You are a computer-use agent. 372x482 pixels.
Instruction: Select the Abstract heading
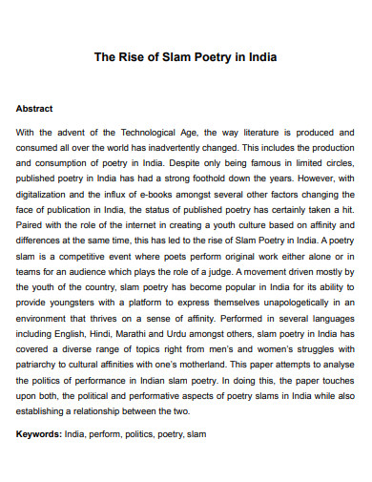pos(34,109)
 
